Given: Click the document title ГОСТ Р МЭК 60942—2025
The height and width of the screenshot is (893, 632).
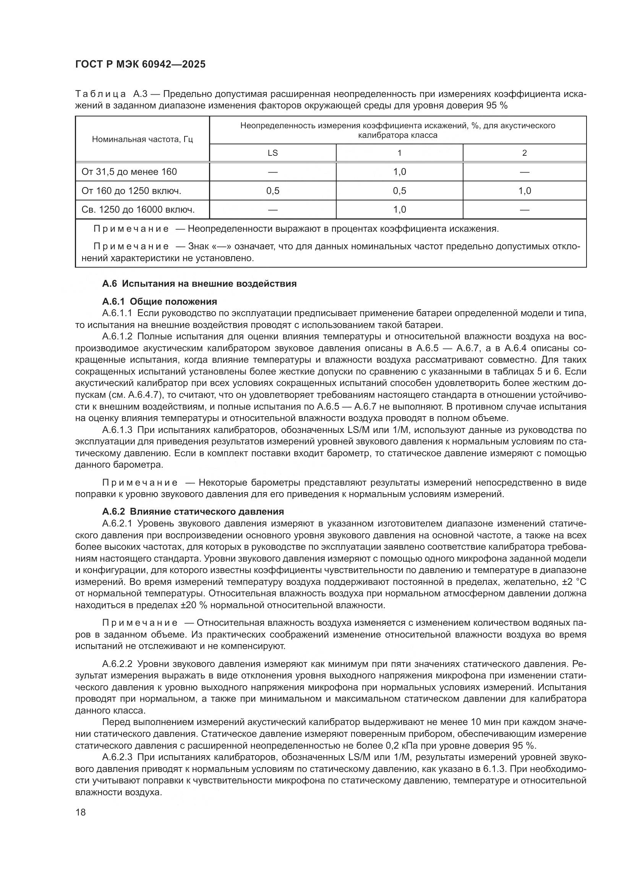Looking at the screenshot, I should (x=140, y=64).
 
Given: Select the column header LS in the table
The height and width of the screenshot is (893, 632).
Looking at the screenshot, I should (x=272, y=153).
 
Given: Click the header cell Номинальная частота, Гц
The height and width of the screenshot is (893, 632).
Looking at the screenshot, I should (x=143, y=139).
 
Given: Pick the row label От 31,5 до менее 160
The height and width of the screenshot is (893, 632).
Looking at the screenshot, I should (x=129, y=171).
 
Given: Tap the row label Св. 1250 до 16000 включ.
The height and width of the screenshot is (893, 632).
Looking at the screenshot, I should (x=138, y=210).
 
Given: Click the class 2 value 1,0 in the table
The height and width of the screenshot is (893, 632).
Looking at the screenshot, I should (x=524, y=191).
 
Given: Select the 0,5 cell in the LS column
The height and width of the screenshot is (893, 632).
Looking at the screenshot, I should (x=272, y=191).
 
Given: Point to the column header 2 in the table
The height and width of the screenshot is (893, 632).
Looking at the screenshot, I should (x=524, y=153).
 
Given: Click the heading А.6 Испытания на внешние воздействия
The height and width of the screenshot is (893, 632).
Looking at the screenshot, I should (x=199, y=284).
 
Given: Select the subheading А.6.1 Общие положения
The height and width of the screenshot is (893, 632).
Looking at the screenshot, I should (x=160, y=302).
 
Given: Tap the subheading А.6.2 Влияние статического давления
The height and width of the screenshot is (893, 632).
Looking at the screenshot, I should (x=193, y=511).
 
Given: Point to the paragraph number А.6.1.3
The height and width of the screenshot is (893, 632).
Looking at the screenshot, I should (x=117, y=430).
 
